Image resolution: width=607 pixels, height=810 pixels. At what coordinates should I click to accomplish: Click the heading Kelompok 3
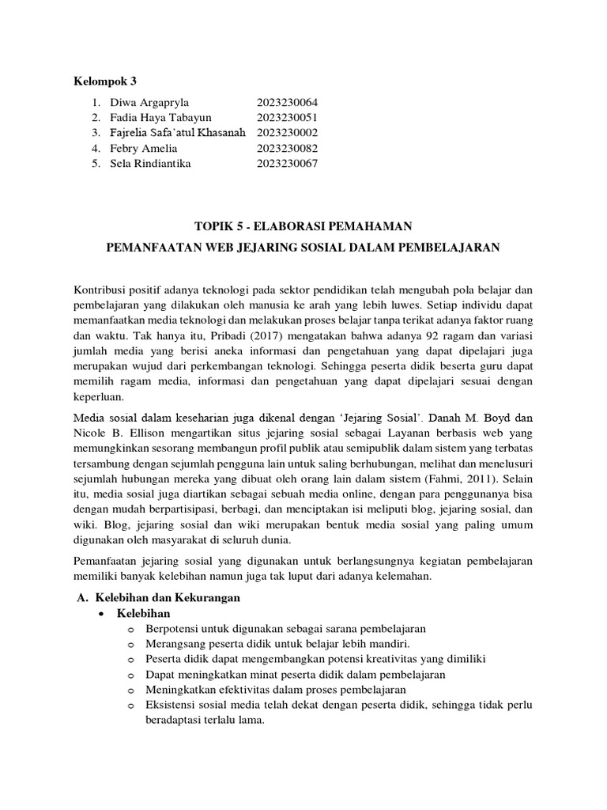[x=106, y=80]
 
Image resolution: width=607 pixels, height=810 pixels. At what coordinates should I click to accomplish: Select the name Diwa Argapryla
[x=149, y=102]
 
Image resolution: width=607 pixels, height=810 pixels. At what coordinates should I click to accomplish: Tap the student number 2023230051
[x=287, y=117]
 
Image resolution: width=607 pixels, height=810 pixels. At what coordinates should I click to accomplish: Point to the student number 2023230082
[x=287, y=148]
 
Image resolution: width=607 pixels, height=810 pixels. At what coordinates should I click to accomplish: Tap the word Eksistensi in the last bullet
[x=172, y=705]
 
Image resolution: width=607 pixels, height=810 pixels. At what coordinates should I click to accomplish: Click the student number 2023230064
[x=287, y=102]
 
